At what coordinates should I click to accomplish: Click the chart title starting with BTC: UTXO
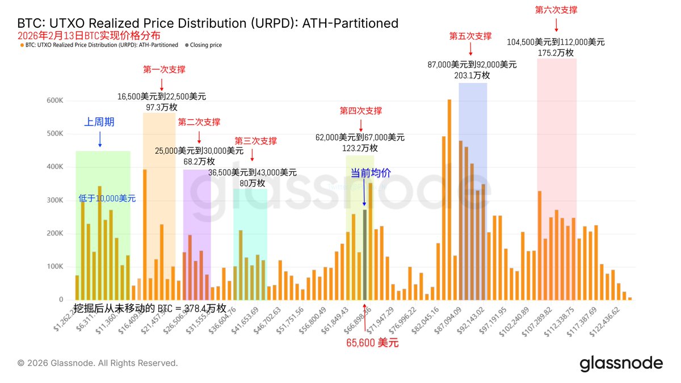(x=208, y=23)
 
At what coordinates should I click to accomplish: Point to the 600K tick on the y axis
(x=55, y=100)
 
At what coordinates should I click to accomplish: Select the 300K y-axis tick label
(x=55, y=200)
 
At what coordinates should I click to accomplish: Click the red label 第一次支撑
(x=164, y=70)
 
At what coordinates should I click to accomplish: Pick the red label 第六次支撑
(x=556, y=10)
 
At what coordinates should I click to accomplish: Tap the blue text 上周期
(x=99, y=121)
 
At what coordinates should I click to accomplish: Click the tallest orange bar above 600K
(x=449, y=199)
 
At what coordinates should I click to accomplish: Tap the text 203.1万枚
(x=472, y=75)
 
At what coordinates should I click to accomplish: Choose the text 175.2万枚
(x=556, y=53)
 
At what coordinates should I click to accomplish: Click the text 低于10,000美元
(x=107, y=199)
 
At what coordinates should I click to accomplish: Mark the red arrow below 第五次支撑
(x=470, y=48)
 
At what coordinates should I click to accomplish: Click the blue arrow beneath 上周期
(x=100, y=138)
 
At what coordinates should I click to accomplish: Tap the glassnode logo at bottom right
(x=621, y=363)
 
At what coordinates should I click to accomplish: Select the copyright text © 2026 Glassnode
(x=98, y=363)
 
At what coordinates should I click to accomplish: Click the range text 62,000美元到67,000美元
(x=360, y=137)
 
